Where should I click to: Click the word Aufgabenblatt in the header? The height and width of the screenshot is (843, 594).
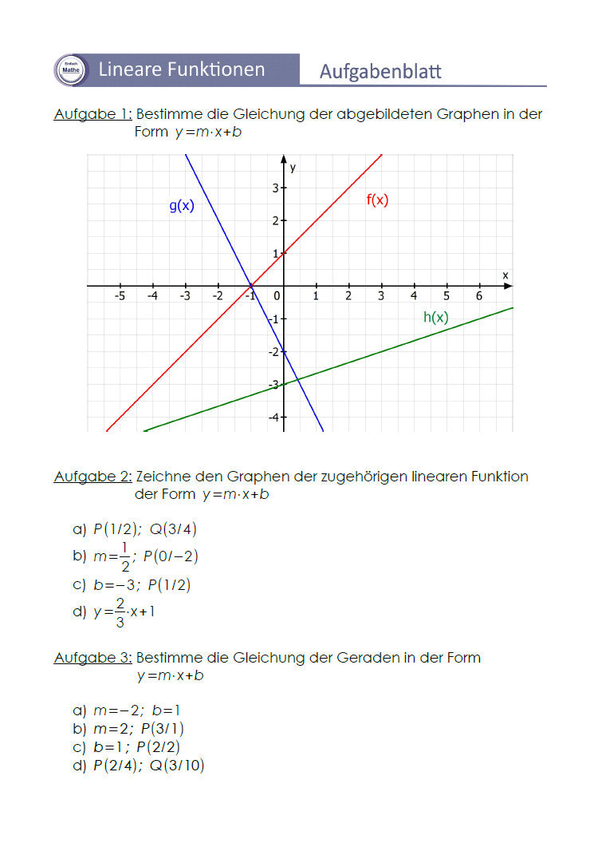[x=380, y=72]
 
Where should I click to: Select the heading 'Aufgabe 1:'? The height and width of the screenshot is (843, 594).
[x=92, y=114]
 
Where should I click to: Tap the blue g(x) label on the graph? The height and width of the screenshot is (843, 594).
[x=182, y=205]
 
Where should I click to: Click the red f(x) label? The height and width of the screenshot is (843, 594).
[x=377, y=200]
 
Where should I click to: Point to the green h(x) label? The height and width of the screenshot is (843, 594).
[x=435, y=317]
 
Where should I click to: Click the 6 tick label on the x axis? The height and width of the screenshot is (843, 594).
[x=478, y=296]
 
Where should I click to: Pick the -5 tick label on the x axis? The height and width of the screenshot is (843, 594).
[x=120, y=296]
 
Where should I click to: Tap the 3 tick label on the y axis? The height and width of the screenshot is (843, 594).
[x=274, y=188]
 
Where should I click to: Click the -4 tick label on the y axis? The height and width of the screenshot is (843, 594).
[x=273, y=418]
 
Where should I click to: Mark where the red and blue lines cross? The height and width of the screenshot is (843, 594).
[x=250, y=286]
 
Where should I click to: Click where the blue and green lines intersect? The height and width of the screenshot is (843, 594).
[x=295, y=378]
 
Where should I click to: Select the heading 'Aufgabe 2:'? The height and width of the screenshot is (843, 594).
[x=92, y=477]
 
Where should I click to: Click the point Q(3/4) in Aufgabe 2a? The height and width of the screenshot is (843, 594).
[x=173, y=528]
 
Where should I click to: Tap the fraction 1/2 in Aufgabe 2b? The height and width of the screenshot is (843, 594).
[x=125, y=556]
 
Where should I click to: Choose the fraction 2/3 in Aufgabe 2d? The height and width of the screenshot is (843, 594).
[x=120, y=612]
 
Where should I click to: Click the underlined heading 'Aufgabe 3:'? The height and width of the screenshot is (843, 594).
[x=92, y=658]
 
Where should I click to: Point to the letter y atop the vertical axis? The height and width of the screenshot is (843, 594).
[x=293, y=167]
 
